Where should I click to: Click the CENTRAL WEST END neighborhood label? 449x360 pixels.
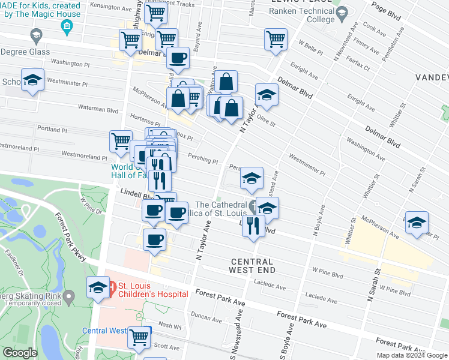[x=251, y=266]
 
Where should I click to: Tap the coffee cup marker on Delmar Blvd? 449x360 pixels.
[x=177, y=59]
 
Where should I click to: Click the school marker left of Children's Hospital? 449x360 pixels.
[x=98, y=287]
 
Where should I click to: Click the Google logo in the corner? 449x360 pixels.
[x=20, y=353]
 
